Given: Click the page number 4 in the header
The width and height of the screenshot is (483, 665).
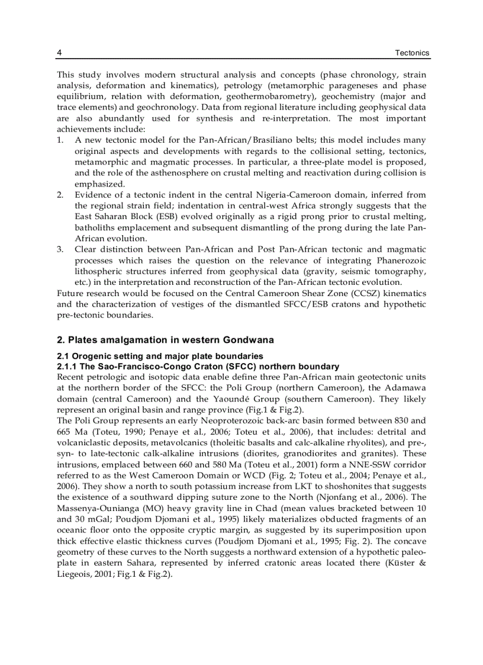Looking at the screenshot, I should (59, 53).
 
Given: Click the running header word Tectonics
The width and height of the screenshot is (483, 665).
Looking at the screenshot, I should (412, 53).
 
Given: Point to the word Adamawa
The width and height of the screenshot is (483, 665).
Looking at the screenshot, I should (404, 388).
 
